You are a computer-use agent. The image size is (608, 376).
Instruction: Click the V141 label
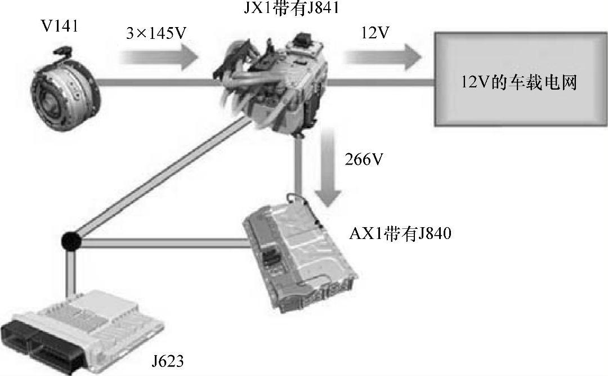(x=59, y=27)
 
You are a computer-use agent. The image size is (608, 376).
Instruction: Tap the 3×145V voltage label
(x=157, y=33)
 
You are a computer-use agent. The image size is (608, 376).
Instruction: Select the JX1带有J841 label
(x=292, y=7)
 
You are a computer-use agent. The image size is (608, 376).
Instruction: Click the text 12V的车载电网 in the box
(x=519, y=83)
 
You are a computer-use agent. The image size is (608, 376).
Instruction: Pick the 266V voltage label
(x=364, y=159)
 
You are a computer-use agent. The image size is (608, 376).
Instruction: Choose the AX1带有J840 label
(x=400, y=233)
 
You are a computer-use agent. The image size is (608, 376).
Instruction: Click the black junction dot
(x=70, y=242)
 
